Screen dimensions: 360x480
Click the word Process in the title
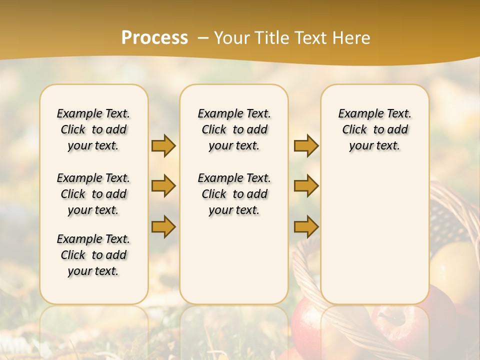[154, 38]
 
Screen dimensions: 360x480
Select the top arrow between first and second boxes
[163, 145]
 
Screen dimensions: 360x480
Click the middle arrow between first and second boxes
[163, 186]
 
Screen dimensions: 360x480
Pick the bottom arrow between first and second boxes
[163, 226]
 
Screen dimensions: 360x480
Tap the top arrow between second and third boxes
[306, 145]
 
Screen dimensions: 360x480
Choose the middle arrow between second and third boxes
[306, 186]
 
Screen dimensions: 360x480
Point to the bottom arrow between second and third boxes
[306, 226]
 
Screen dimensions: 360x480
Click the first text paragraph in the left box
[93, 129]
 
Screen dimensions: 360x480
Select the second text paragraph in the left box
[93, 194]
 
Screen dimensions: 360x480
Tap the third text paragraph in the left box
[93, 255]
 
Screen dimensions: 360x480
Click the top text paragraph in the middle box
[234, 129]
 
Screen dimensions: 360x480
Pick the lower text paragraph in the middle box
[234, 194]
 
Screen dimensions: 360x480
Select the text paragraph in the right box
[375, 129]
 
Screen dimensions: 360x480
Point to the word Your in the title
[231, 38]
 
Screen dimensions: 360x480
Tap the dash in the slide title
[203, 38]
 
